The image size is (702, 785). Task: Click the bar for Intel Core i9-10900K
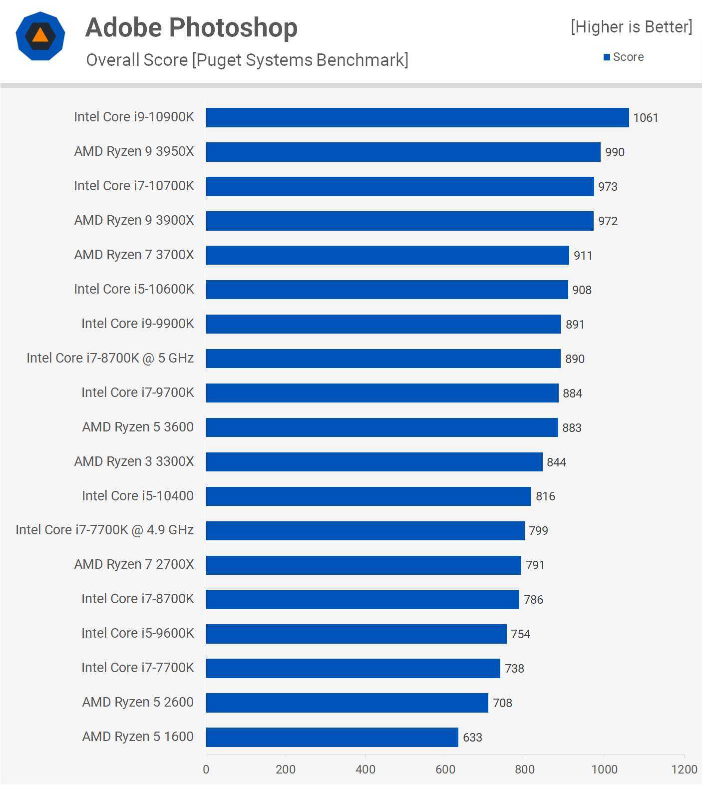417,118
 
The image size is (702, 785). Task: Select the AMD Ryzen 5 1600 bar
332,737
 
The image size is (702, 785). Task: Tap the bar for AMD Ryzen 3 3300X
374,462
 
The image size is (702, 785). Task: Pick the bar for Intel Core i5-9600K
356,634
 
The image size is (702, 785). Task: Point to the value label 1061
646,118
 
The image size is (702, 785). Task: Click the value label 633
472,738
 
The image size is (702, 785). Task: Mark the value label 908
582,290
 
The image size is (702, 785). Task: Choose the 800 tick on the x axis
525,770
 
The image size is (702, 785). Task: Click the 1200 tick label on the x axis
684,770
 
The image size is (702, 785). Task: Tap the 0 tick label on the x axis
206,770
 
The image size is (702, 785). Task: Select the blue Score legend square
607,57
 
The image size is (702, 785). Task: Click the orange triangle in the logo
40,35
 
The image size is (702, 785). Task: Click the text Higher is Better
632,27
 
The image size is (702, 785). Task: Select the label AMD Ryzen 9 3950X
134,151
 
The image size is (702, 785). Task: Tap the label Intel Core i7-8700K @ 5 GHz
110,358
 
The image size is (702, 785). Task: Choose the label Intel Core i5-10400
137,496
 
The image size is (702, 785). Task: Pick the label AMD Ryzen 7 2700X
134,564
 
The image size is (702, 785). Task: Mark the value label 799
538,531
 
